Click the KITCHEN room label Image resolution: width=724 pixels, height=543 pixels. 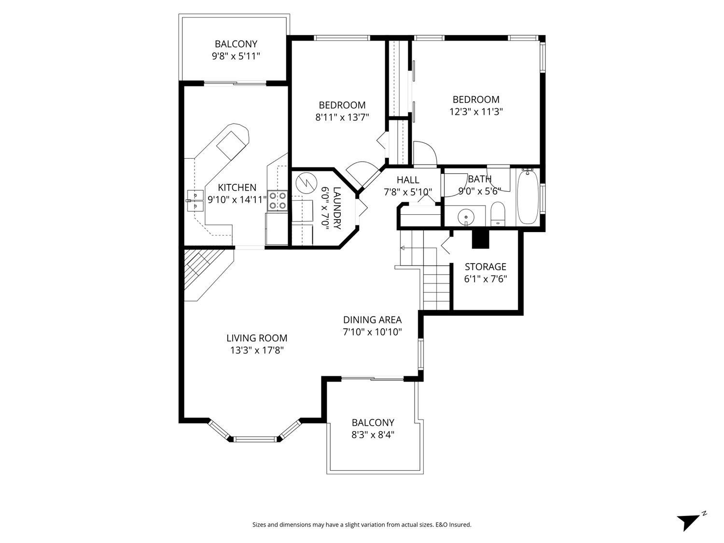tap(237, 188)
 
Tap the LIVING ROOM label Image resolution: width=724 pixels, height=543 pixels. tap(257, 338)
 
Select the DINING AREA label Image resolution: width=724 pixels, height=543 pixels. tap(372, 320)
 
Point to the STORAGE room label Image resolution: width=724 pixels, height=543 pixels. tap(485, 267)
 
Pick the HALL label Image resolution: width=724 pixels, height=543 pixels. tap(408, 180)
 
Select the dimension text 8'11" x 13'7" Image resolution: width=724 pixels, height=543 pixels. tap(342, 117)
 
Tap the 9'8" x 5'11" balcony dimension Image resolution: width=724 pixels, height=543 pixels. tap(236, 56)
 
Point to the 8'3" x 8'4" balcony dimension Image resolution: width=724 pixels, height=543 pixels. tap(373, 434)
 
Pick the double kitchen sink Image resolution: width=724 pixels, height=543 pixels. tap(195, 201)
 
